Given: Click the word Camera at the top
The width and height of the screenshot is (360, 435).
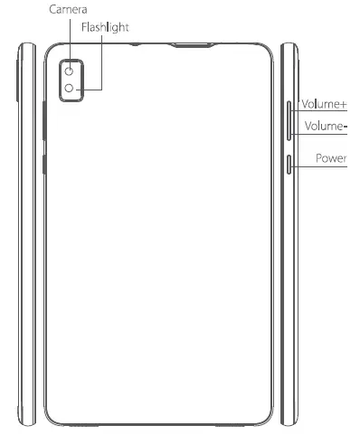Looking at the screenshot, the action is click(x=68, y=8).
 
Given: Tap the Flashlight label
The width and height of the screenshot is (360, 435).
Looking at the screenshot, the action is click(x=106, y=27).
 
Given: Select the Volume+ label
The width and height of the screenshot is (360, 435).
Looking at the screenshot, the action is click(x=325, y=104).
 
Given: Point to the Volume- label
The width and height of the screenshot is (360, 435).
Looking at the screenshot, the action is click(x=325, y=127).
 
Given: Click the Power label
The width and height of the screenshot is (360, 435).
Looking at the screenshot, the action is click(x=331, y=157).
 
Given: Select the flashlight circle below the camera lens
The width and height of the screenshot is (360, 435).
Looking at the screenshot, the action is click(x=70, y=89).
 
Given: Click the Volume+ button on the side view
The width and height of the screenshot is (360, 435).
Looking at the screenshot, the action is click(x=289, y=112).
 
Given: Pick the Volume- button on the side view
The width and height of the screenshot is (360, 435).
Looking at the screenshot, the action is click(x=289, y=132).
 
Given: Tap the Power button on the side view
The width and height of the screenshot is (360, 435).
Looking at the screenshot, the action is click(x=289, y=164).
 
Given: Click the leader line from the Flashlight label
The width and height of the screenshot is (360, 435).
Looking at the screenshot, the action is click(x=102, y=63).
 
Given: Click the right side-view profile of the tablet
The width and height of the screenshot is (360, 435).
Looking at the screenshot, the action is click(x=288, y=271).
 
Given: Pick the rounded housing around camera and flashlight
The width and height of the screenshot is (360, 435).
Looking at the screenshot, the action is click(x=70, y=93).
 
